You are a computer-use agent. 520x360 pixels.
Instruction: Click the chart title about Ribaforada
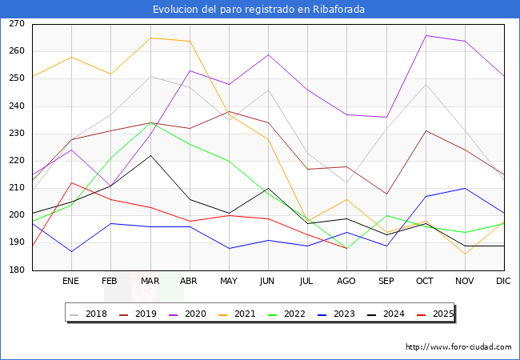tap(260, 9)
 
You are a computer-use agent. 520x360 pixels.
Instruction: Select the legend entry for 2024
tap(395, 314)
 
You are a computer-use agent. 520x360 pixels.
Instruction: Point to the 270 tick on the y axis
tap(16, 24)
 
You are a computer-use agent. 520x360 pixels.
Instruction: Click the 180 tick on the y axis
tap(16, 270)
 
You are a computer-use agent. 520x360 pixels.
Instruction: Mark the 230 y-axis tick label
tap(16, 134)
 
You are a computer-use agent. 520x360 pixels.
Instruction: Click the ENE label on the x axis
tap(71, 281)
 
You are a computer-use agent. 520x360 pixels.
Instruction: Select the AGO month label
tap(346, 281)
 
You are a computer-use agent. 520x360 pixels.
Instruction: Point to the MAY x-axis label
tap(229, 281)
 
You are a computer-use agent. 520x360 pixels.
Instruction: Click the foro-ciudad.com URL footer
tap(458, 347)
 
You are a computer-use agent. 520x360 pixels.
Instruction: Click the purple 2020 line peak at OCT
tap(426, 35)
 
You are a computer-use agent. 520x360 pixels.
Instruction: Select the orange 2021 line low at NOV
tap(465, 254)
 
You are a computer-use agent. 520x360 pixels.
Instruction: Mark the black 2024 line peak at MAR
tap(150, 155)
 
